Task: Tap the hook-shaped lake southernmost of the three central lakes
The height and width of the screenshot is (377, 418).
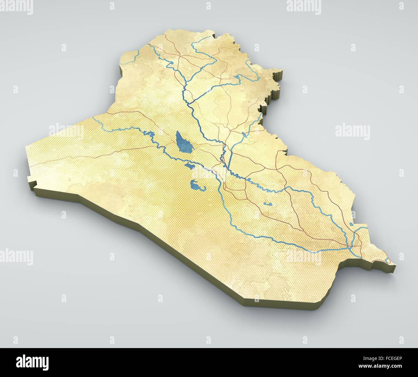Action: click(195, 185)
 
